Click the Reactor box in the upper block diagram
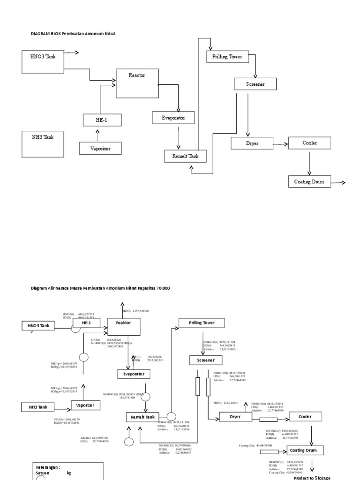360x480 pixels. pos(137,82)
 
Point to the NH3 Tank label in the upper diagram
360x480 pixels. pos(43,138)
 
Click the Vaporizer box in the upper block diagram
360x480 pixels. pos(101,149)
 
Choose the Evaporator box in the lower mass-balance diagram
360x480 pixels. pos(134,374)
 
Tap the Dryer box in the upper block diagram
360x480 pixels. pos(251,143)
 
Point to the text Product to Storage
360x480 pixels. pos(312,477)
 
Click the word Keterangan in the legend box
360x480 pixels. pos(48,467)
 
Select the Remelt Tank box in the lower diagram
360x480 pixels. pos(142,417)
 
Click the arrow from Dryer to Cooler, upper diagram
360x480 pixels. pos(280,144)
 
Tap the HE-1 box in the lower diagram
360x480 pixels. pos(86,323)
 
